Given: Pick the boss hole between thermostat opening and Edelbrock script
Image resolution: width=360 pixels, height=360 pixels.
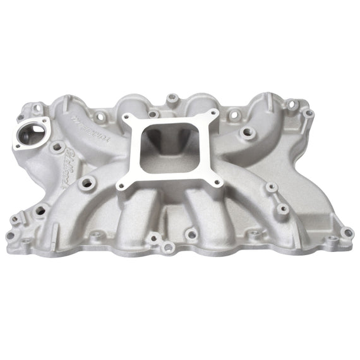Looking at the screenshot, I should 56,148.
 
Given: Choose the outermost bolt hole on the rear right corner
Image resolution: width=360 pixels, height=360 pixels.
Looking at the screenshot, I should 308,113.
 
